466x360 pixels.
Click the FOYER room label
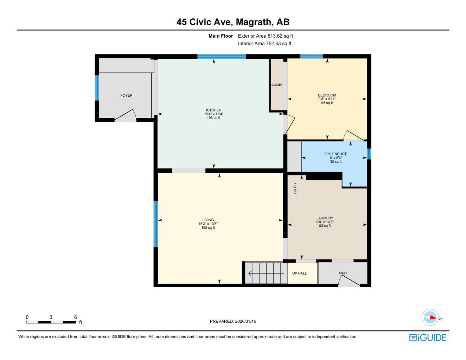tap(126, 95)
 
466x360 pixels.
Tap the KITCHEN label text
tap(213, 110)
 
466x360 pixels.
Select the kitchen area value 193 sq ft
tap(213, 118)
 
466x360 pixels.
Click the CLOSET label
tap(277, 85)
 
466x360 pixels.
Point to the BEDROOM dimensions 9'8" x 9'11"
tap(327, 99)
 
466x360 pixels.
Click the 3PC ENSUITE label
tap(336, 154)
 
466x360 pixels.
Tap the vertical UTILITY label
tap(295, 189)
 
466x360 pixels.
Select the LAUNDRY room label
tap(325, 218)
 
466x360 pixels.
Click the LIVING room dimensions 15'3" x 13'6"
tap(208, 224)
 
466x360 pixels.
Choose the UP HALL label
tap(299, 273)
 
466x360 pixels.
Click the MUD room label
tap(343, 273)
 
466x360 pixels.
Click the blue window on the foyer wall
tap(97, 88)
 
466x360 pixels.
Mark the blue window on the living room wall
tap(155, 224)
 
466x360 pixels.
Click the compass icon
tap(430, 317)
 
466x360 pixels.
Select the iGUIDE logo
tap(427, 337)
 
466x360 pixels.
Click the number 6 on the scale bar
tap(75, 317)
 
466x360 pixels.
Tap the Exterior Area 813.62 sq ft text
tap(265, 36)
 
